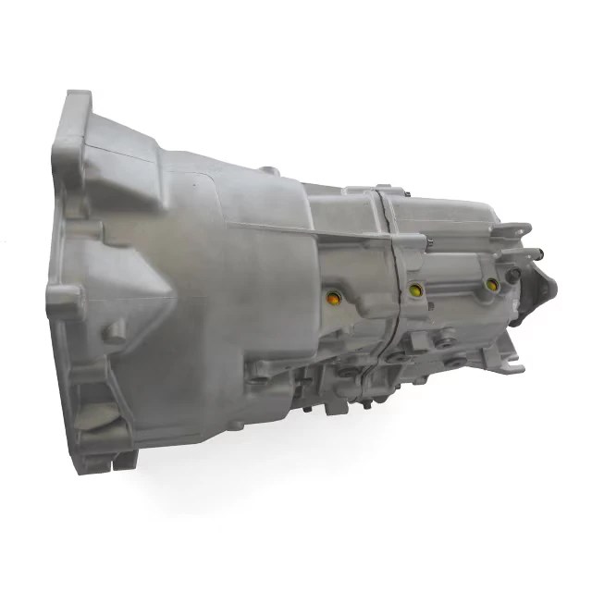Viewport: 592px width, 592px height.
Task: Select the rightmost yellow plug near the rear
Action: pyautogui.click(x=491, y=284)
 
